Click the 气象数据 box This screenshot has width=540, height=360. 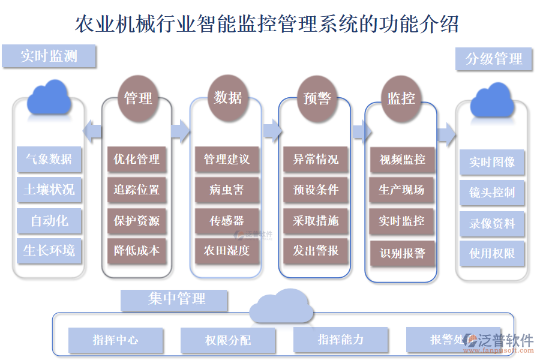[x=49, y=159]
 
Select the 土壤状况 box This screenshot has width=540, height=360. [x=49, y=190]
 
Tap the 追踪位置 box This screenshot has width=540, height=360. [x=137, y=190]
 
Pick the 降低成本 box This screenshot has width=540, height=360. [x=137, y=250]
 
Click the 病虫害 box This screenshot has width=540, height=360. [x=227, y=190]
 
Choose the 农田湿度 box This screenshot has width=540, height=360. [x=227, y=250]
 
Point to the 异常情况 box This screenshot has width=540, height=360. [x=316, y=159]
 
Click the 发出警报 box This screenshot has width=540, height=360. [x=316, y=250]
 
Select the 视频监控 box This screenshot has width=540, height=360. [x=402, y=160]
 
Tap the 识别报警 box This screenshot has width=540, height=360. [x=402, y=253]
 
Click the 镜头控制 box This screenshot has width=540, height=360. [x=492, y=193]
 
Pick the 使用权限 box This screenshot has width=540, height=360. [x=492, y=253]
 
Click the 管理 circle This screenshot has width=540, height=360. [x=138, y=98]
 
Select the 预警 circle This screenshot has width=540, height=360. [x=317, y=98]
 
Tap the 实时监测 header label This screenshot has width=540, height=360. [x=49, y=56]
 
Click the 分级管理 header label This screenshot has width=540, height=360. [x=494, y=59]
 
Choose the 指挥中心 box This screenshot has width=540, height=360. [x=116, y=340]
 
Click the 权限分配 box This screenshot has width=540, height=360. [x=228, y=340]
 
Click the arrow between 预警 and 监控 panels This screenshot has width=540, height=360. [x=359, y=131]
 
